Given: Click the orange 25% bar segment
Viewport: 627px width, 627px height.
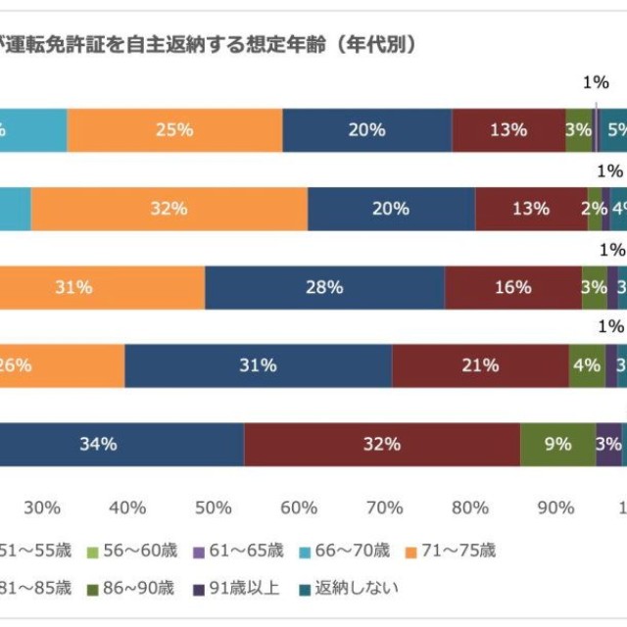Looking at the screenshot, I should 174,130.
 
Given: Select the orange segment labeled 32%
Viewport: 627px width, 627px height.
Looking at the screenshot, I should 169,209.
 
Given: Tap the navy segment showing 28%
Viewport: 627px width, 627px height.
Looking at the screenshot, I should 324,287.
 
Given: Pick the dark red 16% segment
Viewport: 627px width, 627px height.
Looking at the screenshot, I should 513,287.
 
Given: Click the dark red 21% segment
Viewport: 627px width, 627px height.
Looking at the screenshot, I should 480,365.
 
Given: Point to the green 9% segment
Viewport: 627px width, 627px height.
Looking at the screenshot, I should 557,444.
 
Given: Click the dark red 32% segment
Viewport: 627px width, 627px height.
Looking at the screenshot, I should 381,444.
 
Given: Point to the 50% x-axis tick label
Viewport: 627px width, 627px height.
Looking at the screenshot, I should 214,507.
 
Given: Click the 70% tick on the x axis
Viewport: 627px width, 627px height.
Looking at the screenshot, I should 385,507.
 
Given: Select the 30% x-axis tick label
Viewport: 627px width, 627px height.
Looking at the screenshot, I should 42,507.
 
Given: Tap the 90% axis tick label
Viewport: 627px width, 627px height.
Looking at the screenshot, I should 556,507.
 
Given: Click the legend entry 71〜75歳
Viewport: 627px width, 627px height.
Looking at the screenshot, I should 450,551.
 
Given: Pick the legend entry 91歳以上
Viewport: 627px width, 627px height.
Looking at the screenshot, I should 236,588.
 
